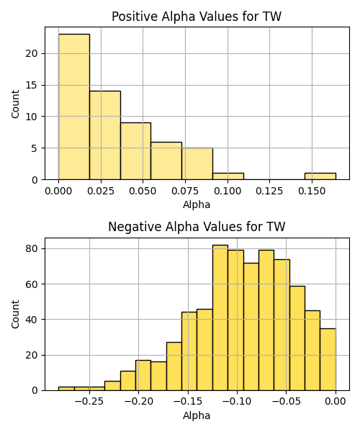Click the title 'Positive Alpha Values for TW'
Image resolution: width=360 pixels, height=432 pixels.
[197, 17]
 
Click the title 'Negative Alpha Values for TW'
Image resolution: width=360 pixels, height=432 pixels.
[197, 227]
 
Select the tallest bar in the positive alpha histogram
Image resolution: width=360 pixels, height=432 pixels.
[74, 107]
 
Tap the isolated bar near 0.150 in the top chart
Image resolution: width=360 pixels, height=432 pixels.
[320, 176]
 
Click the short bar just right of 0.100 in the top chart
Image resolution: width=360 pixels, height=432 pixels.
[228, 176]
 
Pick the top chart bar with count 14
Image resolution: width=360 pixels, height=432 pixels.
[105, 135]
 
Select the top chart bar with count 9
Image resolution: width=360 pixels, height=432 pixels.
[135, 151]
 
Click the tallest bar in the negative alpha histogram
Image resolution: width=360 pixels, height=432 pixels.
[220, 318]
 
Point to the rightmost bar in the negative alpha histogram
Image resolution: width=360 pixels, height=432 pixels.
[328, 359]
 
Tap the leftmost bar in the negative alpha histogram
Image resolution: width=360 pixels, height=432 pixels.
[66, 389]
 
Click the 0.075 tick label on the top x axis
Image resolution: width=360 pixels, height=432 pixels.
[185, 191]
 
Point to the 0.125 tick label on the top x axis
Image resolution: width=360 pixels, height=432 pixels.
[269, 191]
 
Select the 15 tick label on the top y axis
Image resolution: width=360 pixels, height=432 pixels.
[32, 85]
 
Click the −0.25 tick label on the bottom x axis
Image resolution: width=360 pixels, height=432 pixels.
[89, 402]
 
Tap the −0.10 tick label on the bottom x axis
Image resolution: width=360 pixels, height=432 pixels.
[237, 402]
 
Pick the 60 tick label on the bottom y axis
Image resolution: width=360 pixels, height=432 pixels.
[32, 284]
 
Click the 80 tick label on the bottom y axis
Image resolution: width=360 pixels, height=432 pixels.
[32, 248]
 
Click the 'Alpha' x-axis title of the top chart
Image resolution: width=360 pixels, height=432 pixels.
[197, 204]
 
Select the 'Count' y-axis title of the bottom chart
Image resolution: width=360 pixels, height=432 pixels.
[15, 314]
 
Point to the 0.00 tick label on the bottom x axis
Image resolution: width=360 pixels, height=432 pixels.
[336, 402]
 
